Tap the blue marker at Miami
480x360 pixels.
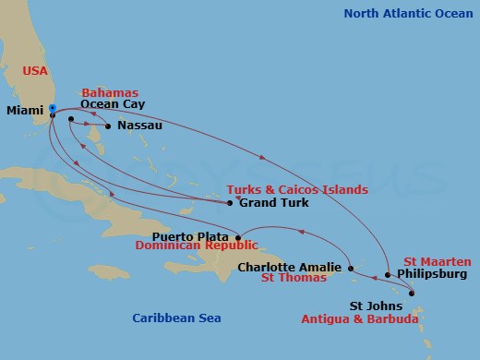(x=53, y=109)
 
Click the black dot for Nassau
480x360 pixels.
(x=108, y=126)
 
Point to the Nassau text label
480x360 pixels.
(x=139, y=126)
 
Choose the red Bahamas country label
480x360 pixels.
(x=110, y=92)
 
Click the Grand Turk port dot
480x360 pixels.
(x=230, y=202)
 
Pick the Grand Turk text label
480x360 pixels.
(x=272, y=202)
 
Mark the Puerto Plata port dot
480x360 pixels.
(x=238, y=237)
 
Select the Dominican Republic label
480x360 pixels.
(x=194, y=247)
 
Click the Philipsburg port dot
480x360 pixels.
(x=388, y=274)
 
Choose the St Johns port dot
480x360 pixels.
(x=412, y=294)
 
